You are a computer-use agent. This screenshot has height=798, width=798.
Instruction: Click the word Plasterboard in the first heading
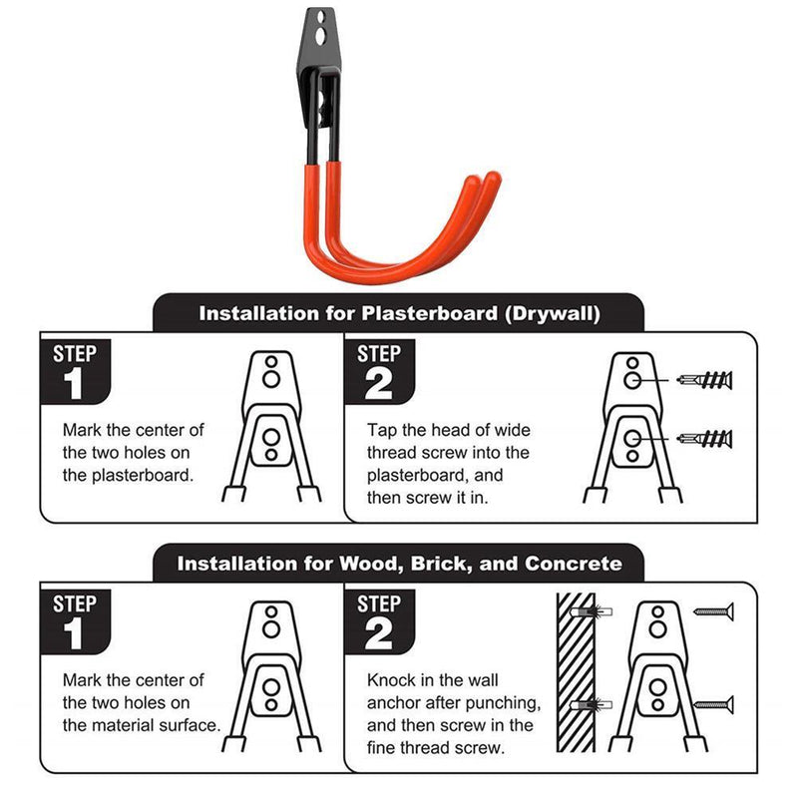click(x=430, y=313)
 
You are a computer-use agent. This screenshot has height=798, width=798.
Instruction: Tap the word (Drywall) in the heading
click(x=553, y=313)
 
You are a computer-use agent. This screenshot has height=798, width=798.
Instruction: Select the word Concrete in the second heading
click(x=573, y=564)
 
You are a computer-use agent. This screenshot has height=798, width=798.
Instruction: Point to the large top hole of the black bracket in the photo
click(x=320, y=36)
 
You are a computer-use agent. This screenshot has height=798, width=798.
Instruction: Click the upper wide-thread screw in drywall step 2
click(x=704, y=380)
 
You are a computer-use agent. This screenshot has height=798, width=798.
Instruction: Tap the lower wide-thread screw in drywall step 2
click(x=704, y=439)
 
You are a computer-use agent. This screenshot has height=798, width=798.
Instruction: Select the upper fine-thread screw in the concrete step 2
click(x=713, y=611)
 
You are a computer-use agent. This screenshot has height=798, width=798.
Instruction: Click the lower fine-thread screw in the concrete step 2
click(x=713, y=704)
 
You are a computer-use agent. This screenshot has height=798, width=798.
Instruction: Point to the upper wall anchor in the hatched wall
click(x=591, y=611)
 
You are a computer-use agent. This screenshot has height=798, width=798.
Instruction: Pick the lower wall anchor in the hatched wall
click(x=591, y=705)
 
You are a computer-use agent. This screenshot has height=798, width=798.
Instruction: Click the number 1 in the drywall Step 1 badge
click(x=74, y=384)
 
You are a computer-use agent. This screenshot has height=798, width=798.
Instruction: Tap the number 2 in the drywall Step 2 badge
click(x=379, y=384)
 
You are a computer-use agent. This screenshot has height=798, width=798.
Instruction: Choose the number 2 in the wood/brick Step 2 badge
click(x=379, y=633)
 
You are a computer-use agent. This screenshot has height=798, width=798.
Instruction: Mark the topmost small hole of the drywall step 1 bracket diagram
click(x=271, y=362)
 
